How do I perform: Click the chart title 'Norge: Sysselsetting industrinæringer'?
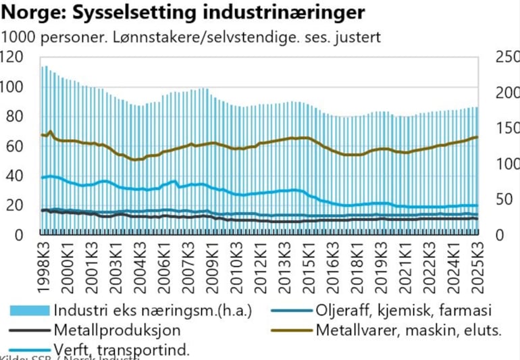pos(183,12)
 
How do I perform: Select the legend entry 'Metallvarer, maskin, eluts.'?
pos(408,330)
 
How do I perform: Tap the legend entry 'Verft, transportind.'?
pos(122,349)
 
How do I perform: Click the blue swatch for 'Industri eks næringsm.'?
pos(30,311)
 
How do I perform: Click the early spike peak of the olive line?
pos(50,131)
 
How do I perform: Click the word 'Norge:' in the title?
pos(31,12)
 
